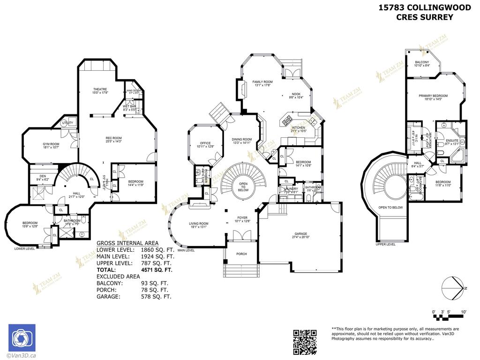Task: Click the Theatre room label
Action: [x=100, y=89]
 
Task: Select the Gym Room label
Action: [x=52, y=144]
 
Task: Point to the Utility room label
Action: [x=67, y=123]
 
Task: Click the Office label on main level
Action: [x=205, y=143]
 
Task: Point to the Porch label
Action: [x=241, y=254]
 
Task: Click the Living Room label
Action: [x=199, y=224]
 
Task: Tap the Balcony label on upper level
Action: [x=422, y=63]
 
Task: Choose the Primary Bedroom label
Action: [x=433, y=96]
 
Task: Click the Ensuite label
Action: [x=452, y=140]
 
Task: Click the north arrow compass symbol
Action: [x=452, y=287]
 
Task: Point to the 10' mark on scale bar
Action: [x=463, y=312]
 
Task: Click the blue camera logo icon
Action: [x=22, y=338]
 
